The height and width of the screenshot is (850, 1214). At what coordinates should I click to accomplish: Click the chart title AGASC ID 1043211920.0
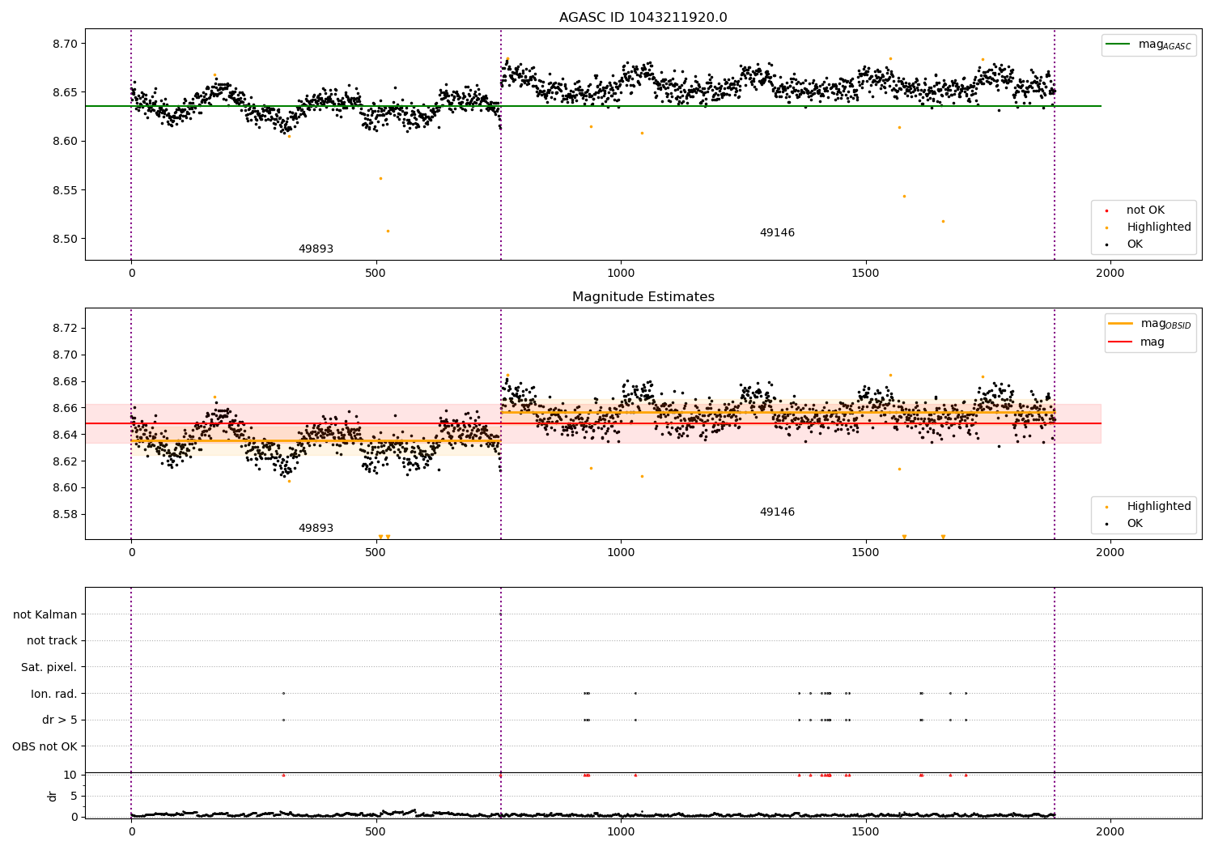pyautogui.click(x=643, y=18)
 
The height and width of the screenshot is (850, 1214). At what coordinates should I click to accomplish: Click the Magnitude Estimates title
pyautogui.click(x=643, y=297)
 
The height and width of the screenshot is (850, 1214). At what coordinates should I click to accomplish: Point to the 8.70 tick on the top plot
pyautogui.click(x=63, y=44)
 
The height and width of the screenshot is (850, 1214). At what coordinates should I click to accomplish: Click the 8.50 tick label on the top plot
pyautogui.click(x=63, y=240)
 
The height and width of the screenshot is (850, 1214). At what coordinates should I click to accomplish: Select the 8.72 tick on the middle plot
pyautogui.click(x=63, y=328)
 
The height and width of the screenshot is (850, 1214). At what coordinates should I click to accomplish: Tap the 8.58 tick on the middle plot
pyautogui.click(x=63, y=515)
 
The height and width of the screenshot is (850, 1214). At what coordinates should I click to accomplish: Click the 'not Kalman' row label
pyautogui.click(x=45, y=614)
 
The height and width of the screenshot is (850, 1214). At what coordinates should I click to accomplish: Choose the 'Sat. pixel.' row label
pyautogui.click(x=49, y=667)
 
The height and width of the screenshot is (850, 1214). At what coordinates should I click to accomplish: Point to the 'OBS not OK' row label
pyautogui.click(x=45, y=746)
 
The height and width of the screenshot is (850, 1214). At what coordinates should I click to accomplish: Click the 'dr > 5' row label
pyautogui.click(x=59, y=720)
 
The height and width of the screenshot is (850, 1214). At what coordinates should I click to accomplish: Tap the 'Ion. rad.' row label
pyautogui.click(x=53, y=694)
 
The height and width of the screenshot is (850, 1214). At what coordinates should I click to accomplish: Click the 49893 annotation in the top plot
pyautogui.click(x=316, y=249)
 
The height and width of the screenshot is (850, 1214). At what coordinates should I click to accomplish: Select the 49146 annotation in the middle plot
pyautogui.click(x=777, y=512)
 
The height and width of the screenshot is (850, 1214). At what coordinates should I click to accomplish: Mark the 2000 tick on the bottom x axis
pyautogui.click(x=1110, y=831)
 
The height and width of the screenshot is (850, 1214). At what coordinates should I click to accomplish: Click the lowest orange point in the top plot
pyautogui.click(x=388, y=232)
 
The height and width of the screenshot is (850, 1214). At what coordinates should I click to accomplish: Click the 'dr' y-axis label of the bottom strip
pyautogui.click(x=53, y=796)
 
